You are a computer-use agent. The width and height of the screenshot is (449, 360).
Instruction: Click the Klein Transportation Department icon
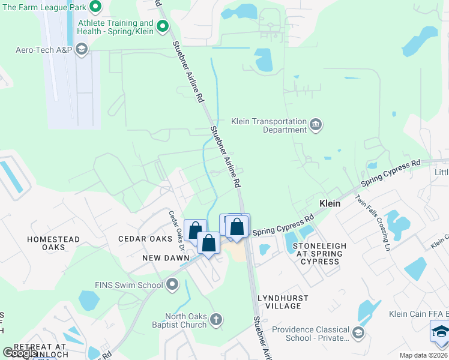[x=316, y=125]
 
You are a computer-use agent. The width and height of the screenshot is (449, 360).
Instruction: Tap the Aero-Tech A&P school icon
[x=82, y=49]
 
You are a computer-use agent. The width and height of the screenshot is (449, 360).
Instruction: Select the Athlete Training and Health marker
[x=162, y=26]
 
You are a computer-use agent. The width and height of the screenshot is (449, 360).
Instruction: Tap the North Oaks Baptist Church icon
[x=217, y=320]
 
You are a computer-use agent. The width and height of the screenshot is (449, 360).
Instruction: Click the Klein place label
[x=330, y=203]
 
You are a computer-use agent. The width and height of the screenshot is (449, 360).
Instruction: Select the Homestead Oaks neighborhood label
[x=53, y=243]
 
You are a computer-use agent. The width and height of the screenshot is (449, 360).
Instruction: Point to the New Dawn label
[x=162, y=257]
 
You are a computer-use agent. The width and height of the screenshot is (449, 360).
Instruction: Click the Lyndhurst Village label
[x=283, y=302]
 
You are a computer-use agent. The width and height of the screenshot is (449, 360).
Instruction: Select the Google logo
[x=20, y=353]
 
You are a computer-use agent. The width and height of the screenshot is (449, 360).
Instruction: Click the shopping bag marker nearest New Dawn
[x=208, y=244]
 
